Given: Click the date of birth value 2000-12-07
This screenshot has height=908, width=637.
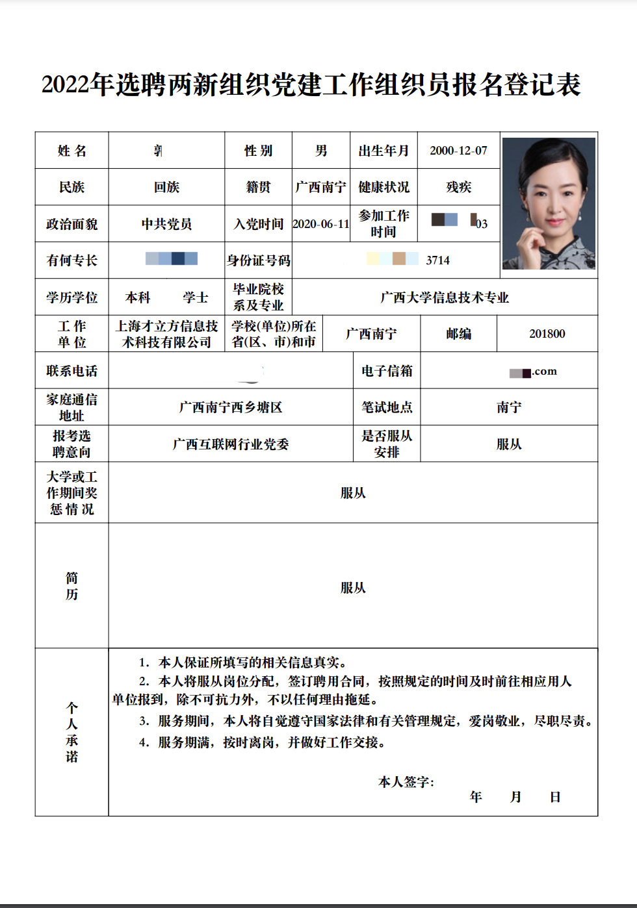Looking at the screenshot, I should pyautogui.click(x=458, y=151).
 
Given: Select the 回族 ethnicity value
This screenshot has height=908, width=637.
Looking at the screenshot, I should pyautogui.click(x=166, y=187).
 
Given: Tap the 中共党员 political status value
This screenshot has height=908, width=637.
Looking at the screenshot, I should pyautogui.click(x=166, y=224).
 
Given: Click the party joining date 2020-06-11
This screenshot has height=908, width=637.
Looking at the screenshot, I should pyautogui.click(x=321, y=224).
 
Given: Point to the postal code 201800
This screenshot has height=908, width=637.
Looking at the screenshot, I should pyautogui.click(x=547, y=334).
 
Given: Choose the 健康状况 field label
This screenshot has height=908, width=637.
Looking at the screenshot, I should pyautogui.click(x=383, y=187).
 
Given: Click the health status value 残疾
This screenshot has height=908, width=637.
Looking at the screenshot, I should pyautogui.click(x=458, y=187).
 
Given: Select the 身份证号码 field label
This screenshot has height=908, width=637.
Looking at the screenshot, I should pyautogui.click(x=259, y=260).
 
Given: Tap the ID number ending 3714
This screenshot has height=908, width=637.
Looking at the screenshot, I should pyautogui.click(x=437, y=260).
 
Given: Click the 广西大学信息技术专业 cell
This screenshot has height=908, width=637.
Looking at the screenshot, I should pyautogui.click(x=445, y=297).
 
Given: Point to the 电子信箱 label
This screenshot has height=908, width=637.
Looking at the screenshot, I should pyautogui.click(x=387, y=371).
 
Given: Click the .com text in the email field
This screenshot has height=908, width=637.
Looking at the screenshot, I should pyautogui.click(x=545, y=372).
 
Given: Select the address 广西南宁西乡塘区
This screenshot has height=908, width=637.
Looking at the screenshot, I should pyautogui.click(x=231, y=407).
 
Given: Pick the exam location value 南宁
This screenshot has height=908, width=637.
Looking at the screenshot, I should pyautogui.click(x=509, y=407).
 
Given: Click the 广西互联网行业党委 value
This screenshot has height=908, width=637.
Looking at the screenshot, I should pyautogui.click(x=231, y=444).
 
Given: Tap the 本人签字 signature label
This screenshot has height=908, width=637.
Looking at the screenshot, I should pyautogui.click(x=406, y=782).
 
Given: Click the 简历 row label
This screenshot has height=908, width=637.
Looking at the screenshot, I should pyautogui.click(x=71, y=586).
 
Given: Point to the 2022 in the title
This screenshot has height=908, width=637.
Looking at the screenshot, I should pyautogui.click(x=65, y=85).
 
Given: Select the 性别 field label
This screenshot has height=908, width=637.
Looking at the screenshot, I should pyautogui.click(x=258, y=151).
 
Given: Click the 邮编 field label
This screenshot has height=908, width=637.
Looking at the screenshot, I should pyautogui.click(x=458, y=334).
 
